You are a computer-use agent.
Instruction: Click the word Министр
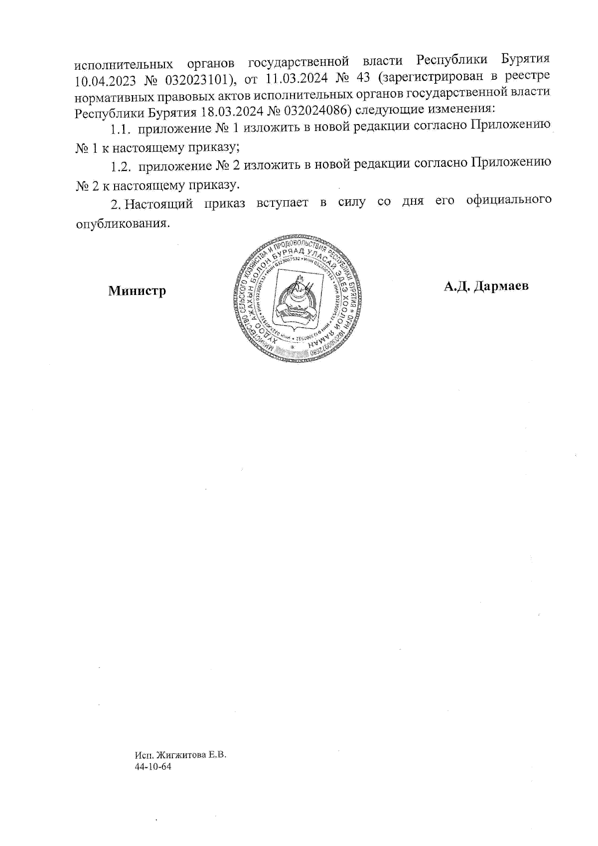(x=137, y=290)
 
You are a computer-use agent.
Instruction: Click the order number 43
(x=362, y=78)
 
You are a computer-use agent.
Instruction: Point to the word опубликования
(x=120, y=224)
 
